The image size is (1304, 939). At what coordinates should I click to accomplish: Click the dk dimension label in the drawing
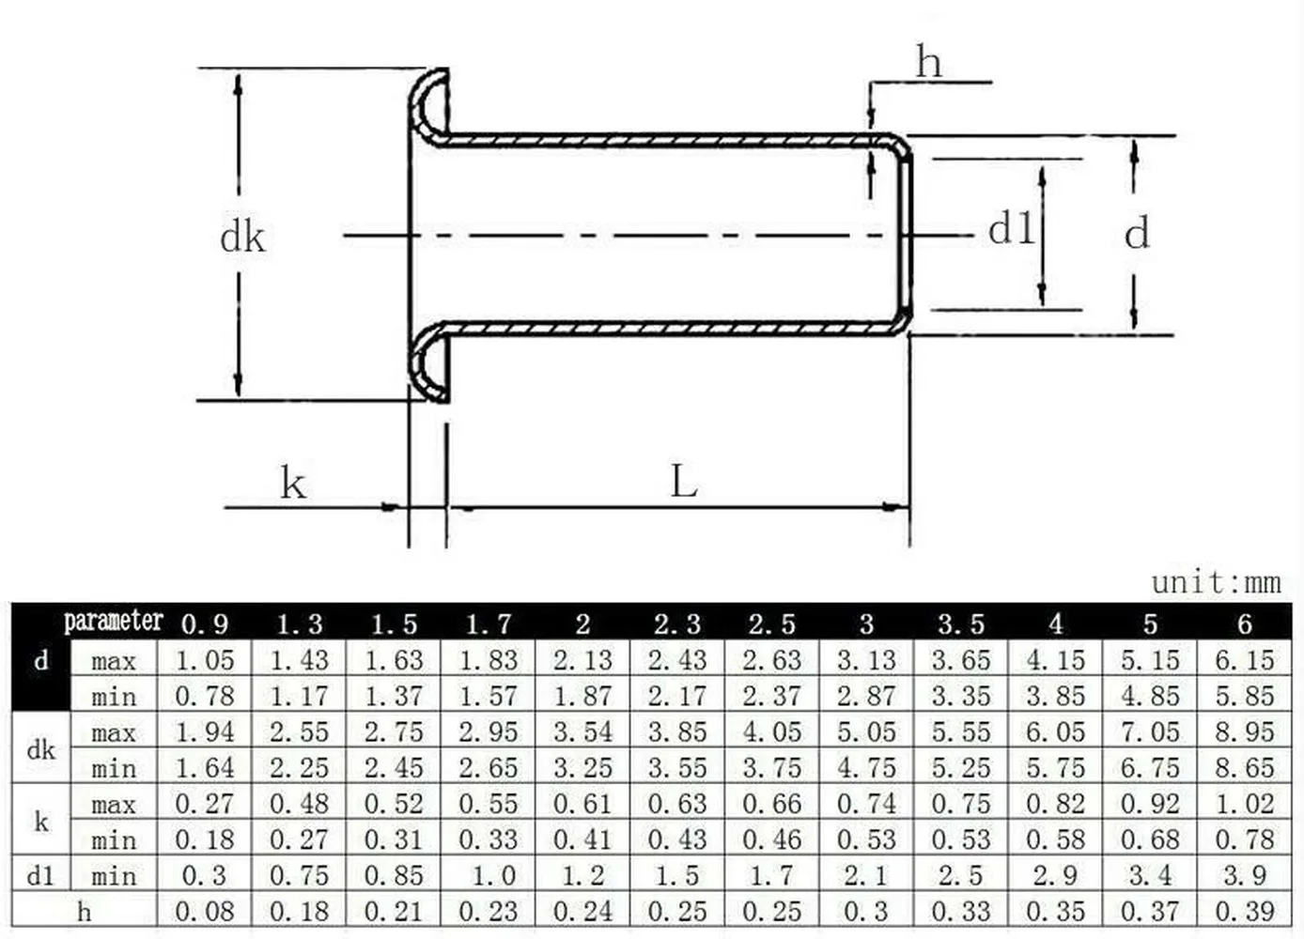(x=242, y=237)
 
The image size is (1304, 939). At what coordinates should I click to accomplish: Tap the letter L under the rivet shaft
(x=684, y=482)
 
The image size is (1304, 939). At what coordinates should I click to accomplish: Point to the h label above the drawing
(x=928, y=61)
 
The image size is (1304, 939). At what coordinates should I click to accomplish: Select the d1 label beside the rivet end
(x=1011, y=227)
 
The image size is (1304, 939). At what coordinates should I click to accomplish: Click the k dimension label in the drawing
(x=293, y=483)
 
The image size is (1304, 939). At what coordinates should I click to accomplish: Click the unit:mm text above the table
(x=1216, y=583)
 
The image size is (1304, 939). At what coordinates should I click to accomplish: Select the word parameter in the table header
(x=114, y=621)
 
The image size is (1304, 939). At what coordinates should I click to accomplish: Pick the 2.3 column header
(x=676, y=624)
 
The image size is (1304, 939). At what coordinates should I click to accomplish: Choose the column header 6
(x=1245, y=624)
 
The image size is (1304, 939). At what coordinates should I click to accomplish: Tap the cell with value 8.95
(x=1245, y=731)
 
